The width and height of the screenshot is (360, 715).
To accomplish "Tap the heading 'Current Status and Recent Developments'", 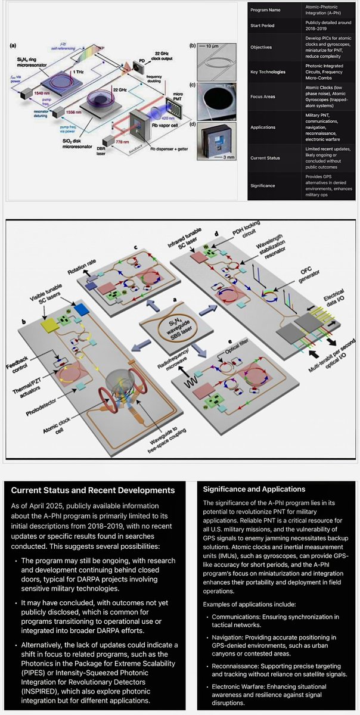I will [93, 490].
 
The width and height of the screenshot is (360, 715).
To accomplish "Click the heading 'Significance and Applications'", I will [255, 489].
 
